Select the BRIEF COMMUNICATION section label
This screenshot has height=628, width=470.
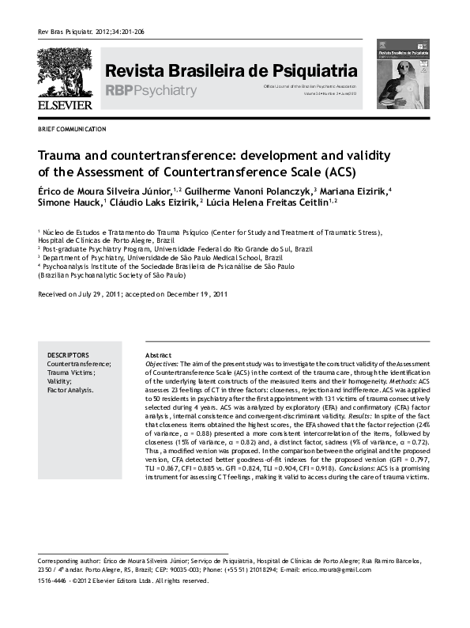(x=72, y=129)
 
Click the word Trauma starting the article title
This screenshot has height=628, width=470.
(x=63, y=156)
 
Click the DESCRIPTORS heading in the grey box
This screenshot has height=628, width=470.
(x=68, y=355)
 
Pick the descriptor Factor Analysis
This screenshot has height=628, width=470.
(x=70, y=390)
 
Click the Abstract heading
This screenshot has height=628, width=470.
(x=160, y=355)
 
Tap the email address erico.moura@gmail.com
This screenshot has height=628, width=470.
(x=337, y=569)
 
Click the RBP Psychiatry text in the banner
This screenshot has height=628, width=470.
(x=150, y=91)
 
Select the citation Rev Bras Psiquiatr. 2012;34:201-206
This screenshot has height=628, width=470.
(x=91, y=32)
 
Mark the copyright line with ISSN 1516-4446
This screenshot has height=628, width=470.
(x=122, y=581)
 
